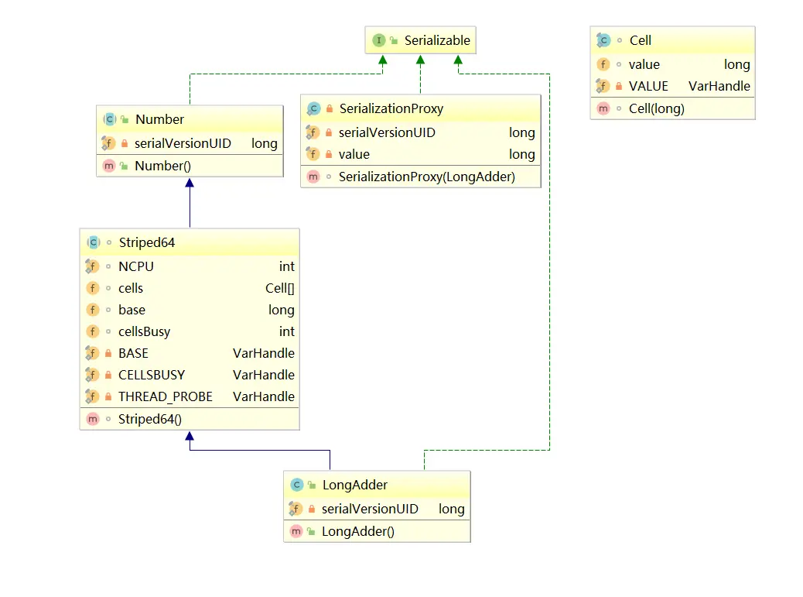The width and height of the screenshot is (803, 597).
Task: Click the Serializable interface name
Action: pos(437,40)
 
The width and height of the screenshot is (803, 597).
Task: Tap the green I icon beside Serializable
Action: pos(378,40)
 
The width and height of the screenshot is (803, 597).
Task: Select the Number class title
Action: pos(159,119)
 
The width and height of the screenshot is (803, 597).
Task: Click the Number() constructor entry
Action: pos(162,166)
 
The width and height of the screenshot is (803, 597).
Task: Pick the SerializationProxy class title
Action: pos(391,108)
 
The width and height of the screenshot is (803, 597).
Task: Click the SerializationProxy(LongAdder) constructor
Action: pos(426,177)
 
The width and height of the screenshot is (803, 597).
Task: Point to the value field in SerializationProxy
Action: pos(354,154)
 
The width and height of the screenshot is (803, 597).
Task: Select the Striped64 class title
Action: pos(146,242)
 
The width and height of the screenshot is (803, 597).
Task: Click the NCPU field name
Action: pos(135,266)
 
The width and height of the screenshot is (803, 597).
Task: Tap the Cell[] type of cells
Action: pos(279,289)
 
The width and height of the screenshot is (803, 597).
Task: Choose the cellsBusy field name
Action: pos(144,331)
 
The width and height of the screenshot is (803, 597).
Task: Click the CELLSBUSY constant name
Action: pos(152,375)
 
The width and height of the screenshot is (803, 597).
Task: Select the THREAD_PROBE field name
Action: pos(165,396)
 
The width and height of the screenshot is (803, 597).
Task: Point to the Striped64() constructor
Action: pos(149,419)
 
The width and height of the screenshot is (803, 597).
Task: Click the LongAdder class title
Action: pos(355,485)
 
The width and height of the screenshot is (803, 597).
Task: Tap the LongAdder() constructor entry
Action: pos(358,531)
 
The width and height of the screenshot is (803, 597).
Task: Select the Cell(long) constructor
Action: pos(657,108)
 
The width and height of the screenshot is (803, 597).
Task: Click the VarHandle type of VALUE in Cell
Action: pos(719,86)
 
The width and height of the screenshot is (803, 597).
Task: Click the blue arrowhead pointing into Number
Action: pos(190,183)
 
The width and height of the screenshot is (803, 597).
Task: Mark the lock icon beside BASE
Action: pos(108,353)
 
